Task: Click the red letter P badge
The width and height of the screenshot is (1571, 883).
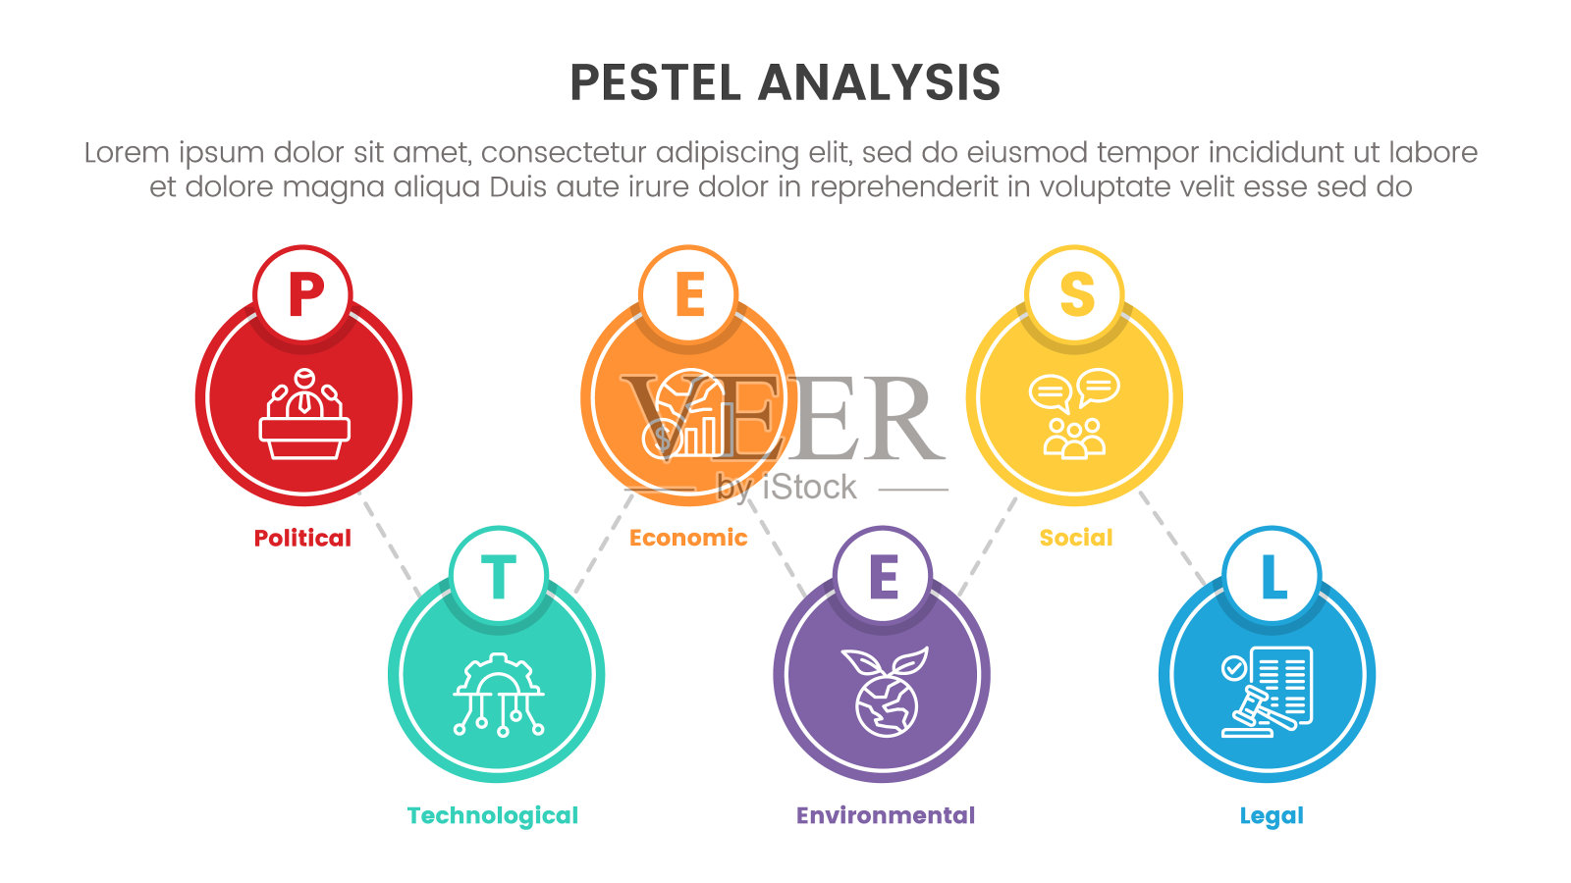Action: [303, 293]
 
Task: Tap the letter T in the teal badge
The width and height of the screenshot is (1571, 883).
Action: [498, 576]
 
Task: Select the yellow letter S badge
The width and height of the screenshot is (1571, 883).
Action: [1075, 293]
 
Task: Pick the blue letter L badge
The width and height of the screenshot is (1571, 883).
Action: [1272, 576]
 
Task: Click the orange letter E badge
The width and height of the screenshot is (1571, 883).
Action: [688, 293]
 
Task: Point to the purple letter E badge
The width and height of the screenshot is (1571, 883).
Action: [883, 576]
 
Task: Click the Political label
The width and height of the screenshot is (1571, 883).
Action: [302, 538]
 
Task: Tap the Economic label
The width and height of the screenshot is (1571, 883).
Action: [688, 538]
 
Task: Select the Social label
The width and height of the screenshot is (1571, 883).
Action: [1076, 538]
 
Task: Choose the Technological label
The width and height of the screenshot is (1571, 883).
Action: [493, 815]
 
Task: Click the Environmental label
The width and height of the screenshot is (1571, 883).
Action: [886, 815]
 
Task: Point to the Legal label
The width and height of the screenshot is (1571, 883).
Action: [1272, 815]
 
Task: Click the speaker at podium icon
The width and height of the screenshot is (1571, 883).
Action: [304, 414]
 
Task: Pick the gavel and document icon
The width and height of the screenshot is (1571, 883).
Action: [1268, 692]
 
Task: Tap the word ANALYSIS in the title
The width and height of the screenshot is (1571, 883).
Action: [880, 82]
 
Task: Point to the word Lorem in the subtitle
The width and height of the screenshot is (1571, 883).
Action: [127, 153]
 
